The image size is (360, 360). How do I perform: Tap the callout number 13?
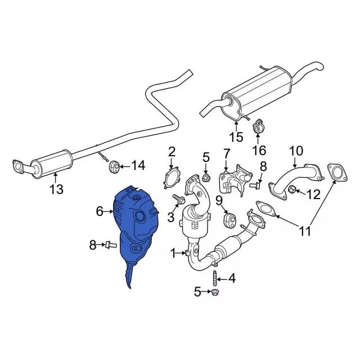click(56, 189)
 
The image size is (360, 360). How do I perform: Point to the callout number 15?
click(237, 136)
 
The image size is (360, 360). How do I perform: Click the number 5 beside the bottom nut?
click(197, 291)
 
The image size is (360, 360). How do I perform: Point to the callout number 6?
click(99, 211)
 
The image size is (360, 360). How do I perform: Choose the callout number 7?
click(227, 152)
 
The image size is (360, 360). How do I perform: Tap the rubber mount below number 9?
click(229, 217)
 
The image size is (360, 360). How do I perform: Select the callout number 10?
click(296, 151)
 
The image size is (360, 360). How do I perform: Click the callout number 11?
click(304, 230)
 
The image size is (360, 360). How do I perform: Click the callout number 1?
click(174, 252)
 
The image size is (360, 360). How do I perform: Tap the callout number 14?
click(138, 165)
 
